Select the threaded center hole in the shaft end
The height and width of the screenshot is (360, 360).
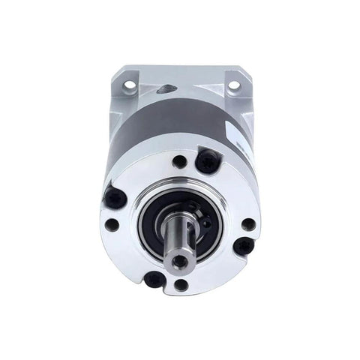coord(179,261)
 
